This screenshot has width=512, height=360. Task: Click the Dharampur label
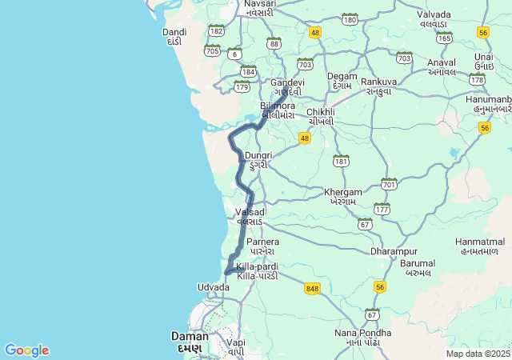point(394,251)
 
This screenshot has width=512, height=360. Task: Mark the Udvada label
point(214,286)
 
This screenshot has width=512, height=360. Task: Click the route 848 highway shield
point(312,288)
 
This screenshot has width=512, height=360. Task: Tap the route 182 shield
point(216,30)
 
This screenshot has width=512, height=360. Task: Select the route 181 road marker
point(342,161)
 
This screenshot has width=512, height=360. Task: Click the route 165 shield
point(444,38)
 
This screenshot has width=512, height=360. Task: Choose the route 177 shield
point(382,210)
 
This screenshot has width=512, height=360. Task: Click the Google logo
point(26,350)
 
